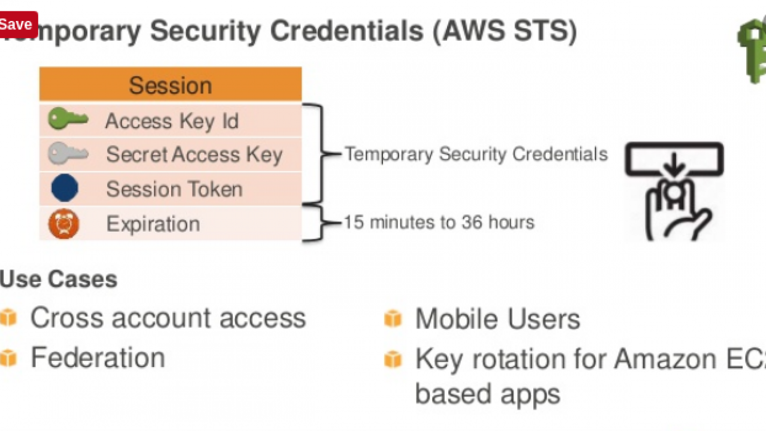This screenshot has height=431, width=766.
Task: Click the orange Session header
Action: coord(171,84)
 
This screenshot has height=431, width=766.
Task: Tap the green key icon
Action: coord(68,120)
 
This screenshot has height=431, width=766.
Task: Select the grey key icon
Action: coord(68,154)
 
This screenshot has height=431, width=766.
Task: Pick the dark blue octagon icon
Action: coord(65,189)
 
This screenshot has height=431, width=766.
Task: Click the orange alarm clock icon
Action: coord(64,224)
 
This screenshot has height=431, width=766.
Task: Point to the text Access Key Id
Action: coord(172,122)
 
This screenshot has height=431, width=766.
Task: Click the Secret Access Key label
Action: coord(194,155)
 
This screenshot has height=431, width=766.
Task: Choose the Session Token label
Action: coord(174,190)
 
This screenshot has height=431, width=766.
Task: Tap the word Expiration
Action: coord(153,224)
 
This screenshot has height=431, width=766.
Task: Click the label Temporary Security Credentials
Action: coord(476,154)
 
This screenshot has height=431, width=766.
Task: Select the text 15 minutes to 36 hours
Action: coord(439,223)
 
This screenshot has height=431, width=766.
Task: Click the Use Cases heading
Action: coord(59,280)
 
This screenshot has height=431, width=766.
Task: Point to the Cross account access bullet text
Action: coord(168,318)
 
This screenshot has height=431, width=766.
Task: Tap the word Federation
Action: coord(98,358)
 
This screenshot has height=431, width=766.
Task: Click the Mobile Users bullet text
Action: coord(497,319)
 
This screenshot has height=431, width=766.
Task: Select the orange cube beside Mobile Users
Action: coord(393,318)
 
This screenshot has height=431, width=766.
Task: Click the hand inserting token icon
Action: coord(674,192)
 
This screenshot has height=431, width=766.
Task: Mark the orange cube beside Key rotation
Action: coord(393,359)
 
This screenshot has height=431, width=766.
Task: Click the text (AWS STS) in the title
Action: coord(504,31)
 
